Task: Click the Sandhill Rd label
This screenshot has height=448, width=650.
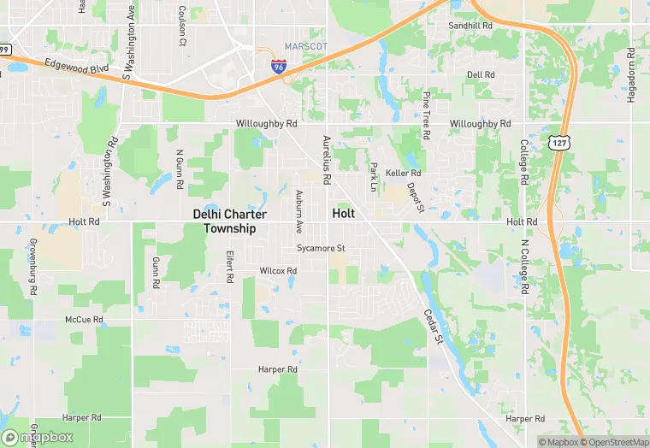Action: pos(471,26)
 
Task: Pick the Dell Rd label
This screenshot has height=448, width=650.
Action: pos(481,75)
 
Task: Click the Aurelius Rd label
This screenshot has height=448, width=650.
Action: pos(326,160)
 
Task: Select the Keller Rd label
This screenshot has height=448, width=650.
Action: pos(403,173)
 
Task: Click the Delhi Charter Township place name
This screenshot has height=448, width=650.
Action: pos(229,221)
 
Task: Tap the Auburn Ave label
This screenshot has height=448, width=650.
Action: pos(298,212)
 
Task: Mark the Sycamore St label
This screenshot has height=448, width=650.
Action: pos(320,249)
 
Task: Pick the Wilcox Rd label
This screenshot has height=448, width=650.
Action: pos(278,271)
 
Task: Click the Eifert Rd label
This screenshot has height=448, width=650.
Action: pos(229,267)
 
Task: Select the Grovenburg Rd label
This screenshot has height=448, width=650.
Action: pos(32,267)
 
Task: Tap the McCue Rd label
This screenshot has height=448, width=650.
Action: pos(84,320)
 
